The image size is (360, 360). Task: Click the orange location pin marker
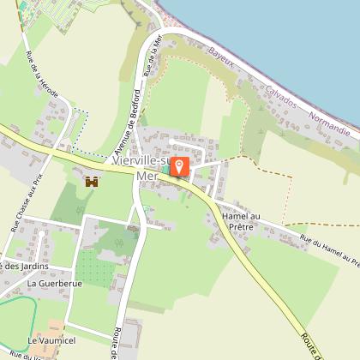(x=180, y=166)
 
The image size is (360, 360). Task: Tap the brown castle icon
(x=92, y=182)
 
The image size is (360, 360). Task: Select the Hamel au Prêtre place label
(x=240, y=223)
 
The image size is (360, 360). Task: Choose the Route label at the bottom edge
(x=115, y=343)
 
